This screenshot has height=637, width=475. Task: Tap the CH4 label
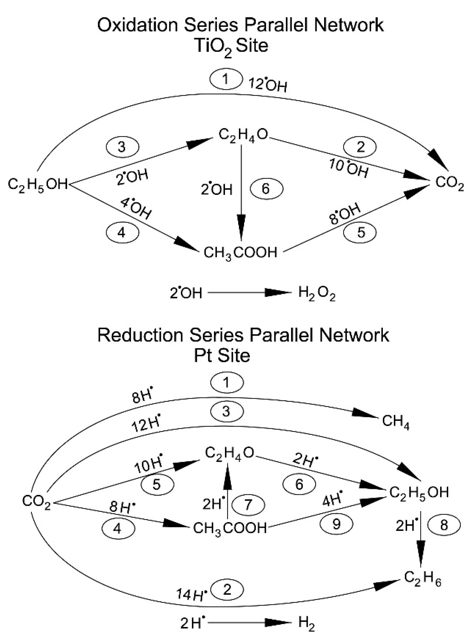coord(395,422)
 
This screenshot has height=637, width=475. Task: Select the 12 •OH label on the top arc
coord(268,85)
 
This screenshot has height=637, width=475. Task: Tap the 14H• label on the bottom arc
coord(192,594)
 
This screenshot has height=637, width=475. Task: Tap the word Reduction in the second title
coord(140,335)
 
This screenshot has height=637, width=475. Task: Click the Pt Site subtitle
coord(222,356)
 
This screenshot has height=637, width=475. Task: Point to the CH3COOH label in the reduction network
coord(230,528)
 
